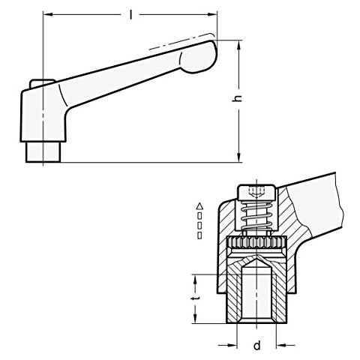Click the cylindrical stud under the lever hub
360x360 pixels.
pyautogui.click(x=43, y=151)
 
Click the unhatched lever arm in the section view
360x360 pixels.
pyautogui.click(x=322, y=199)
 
